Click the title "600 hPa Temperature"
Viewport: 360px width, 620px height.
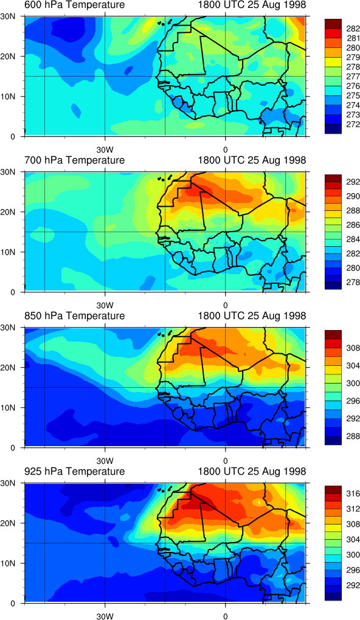(74, 5)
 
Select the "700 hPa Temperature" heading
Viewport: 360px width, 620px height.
(74, 160)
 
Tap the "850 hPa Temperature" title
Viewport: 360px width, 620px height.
(74, 316)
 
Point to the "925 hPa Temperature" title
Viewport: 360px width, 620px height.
(74, 471)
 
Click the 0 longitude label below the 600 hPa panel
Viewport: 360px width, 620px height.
(225, 150)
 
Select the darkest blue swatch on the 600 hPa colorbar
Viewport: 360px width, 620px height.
(333, 129)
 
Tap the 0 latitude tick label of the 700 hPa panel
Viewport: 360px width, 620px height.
(12, 292)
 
